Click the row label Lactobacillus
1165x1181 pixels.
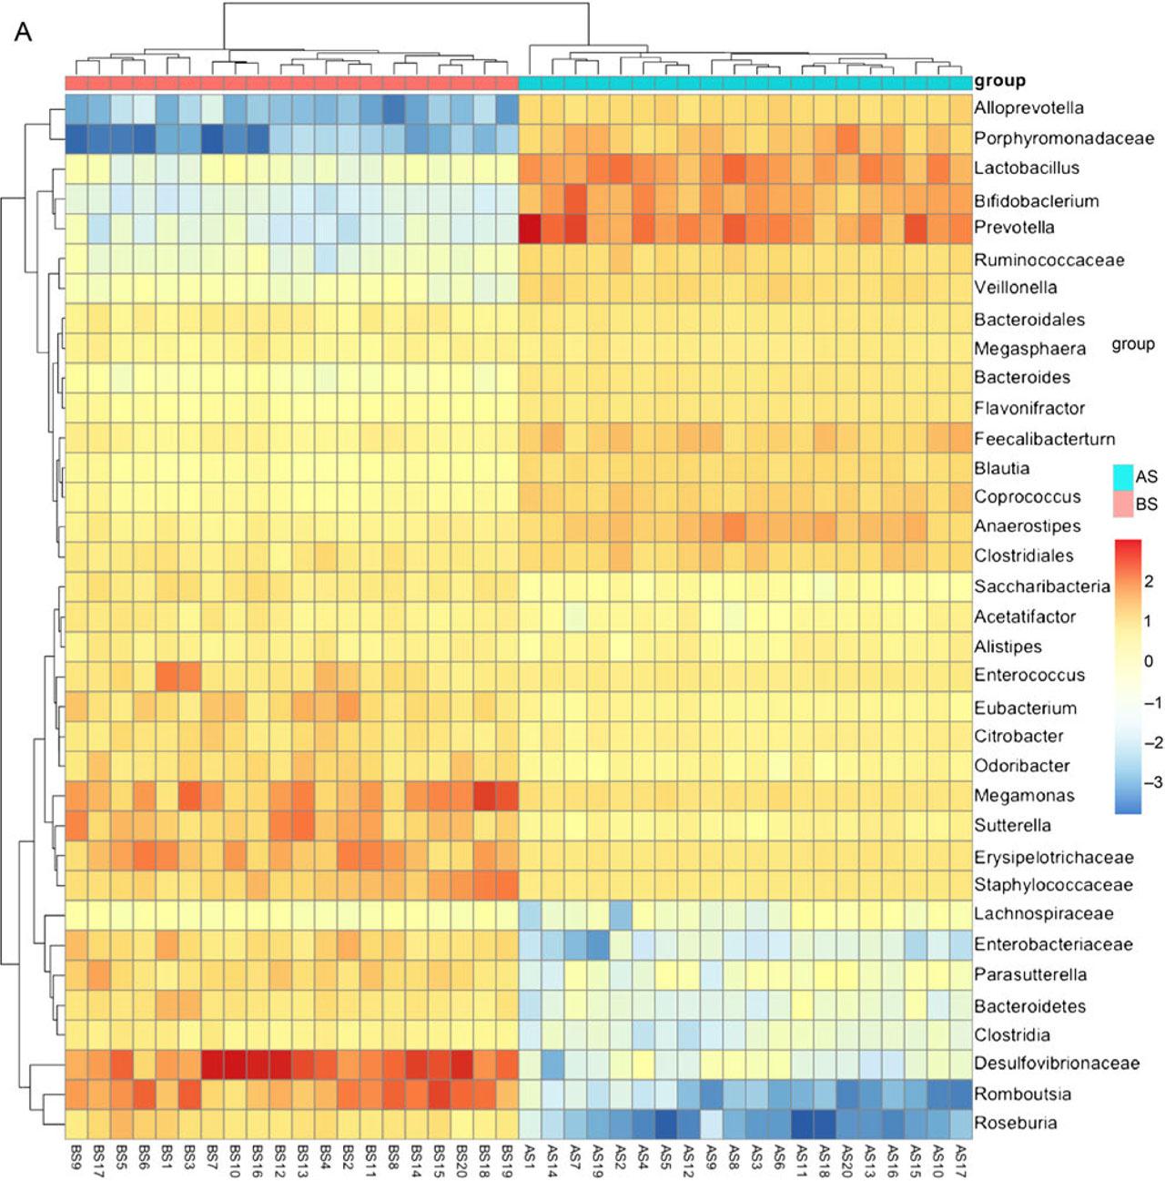tap(1026, 168)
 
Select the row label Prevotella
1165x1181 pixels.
tap(1014, 227)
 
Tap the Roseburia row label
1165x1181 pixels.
tap(1015, 1123)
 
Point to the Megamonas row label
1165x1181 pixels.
tap(1024, 795)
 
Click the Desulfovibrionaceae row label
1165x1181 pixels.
tap(1056, 1063)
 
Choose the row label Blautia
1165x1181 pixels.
tap(1001, 468)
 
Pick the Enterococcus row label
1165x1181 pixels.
tap(1028, 675)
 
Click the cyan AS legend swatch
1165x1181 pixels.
tap(1123, 476)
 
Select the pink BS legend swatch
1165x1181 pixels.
tap(1123, 504)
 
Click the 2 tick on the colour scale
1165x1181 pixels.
tap(1149, 581)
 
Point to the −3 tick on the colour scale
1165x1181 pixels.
tap(1152, 782)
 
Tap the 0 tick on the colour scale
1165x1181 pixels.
tap(1149, 661)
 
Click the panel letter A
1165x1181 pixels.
tap(24, 33)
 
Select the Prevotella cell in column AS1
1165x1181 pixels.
tap(530, 228)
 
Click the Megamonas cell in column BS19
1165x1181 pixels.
tap(507, 795)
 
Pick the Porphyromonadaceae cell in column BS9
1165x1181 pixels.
tap(76, 138)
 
